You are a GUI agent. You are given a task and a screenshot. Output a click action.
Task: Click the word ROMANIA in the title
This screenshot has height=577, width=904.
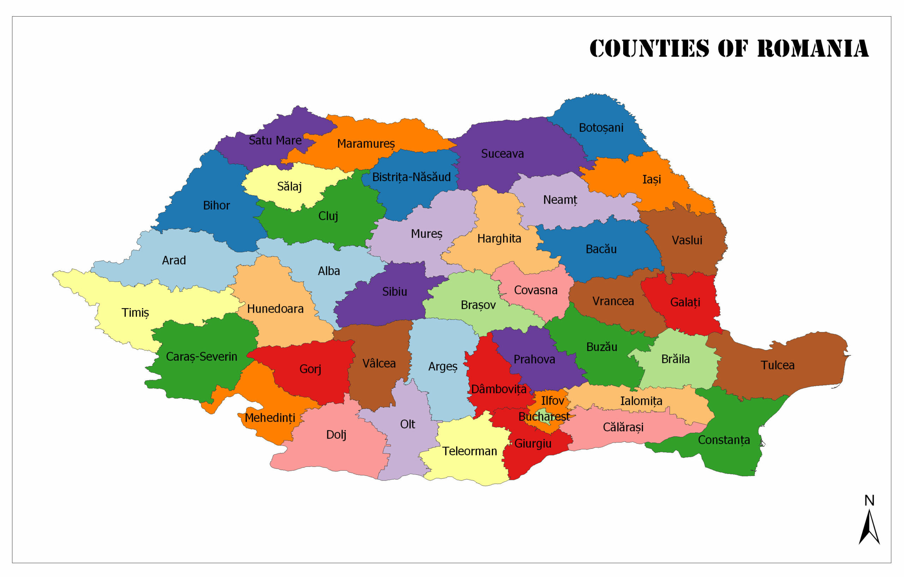[x=813, y=49]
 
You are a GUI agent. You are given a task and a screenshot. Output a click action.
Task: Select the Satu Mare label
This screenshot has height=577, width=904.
[x=275, y=141]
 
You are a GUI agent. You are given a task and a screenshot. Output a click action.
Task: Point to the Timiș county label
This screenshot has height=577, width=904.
[x=135, y=313]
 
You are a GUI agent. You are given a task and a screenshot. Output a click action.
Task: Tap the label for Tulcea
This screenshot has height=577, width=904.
[x=778, y=365]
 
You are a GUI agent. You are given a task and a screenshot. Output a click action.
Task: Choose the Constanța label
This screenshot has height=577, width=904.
[x=724, y=440]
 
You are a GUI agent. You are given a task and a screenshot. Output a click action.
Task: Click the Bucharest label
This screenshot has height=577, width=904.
[x=543, y=417]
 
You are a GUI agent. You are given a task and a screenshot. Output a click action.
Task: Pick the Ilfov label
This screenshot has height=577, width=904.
[x=552, y=401]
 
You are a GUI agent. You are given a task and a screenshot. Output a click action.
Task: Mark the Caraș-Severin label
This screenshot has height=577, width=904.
[x=202, y=357]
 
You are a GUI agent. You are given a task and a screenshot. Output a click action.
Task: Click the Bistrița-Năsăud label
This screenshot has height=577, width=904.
[x=411, y=177]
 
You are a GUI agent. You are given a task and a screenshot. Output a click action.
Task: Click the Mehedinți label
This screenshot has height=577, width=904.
[x=270, y=418]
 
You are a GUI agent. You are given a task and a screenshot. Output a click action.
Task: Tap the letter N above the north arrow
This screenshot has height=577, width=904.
[x=869, y=500]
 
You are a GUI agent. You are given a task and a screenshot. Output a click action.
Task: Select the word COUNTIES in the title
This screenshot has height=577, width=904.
[x=649, y=49]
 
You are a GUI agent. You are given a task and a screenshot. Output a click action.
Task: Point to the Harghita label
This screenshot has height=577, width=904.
[x=499, y=239]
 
